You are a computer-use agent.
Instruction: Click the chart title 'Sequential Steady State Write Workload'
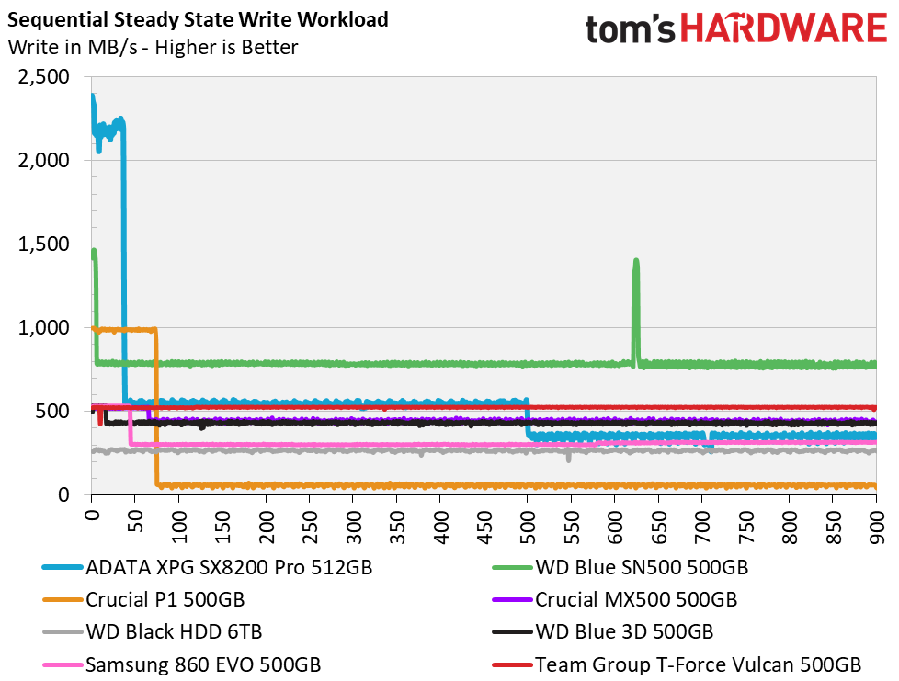pos(198,19)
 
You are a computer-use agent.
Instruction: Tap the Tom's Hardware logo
pos(735,28)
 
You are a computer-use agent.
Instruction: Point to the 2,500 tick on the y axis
pos(44,77)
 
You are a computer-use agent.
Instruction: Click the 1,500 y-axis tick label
pos(44,244)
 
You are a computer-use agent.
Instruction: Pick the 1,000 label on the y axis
pos(44,328)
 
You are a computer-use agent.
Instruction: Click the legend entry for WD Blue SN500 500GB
pos(641,567)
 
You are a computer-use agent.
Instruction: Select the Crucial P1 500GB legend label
pos(165,599)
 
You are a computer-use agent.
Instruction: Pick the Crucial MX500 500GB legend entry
pos(635,599)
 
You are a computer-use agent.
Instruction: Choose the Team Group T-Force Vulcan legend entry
pos(698,664)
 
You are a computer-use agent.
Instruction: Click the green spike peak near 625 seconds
pos(635,262)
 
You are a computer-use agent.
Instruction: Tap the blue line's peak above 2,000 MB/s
pos(92,96)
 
